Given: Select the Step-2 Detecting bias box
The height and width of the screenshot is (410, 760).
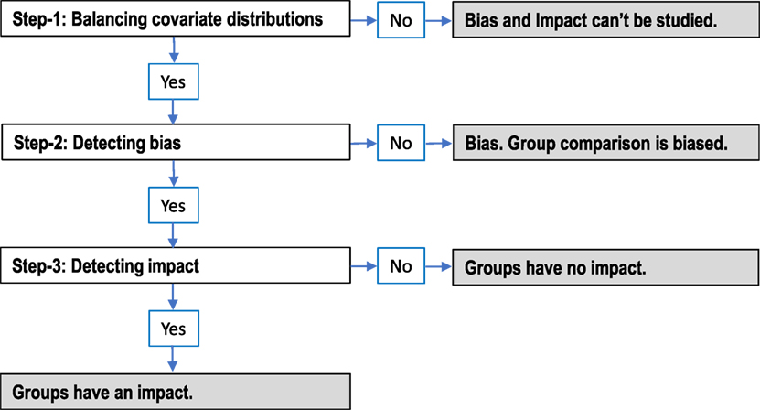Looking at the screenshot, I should point(174,144).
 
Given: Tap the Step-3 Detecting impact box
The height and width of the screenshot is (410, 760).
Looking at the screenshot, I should point(174,267).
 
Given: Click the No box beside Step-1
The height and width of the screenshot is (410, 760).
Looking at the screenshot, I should point(401,20).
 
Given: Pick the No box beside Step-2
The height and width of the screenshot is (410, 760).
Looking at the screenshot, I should point(401,144).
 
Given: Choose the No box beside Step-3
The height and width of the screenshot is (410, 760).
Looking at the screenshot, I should point(401,267).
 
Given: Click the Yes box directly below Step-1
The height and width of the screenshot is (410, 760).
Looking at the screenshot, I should point(173,81).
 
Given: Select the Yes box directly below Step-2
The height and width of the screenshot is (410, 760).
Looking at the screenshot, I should point(173,205).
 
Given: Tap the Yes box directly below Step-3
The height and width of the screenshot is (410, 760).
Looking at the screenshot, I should point(173,328).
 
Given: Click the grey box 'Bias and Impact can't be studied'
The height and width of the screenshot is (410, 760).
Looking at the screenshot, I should point(605,20).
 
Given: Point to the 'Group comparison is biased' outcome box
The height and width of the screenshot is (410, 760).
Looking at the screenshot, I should point(605,144).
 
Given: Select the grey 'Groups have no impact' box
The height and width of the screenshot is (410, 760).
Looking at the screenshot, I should point(605,267).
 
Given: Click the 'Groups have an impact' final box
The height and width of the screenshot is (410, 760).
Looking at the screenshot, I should point(174,392).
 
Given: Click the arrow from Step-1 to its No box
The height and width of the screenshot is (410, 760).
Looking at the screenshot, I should point(363,20).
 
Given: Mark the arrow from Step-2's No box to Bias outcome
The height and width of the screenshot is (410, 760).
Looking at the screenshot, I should point(438,144).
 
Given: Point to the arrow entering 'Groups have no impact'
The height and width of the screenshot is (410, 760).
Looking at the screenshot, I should point(438,267).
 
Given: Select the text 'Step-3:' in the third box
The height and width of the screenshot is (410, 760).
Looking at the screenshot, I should point(39,267).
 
